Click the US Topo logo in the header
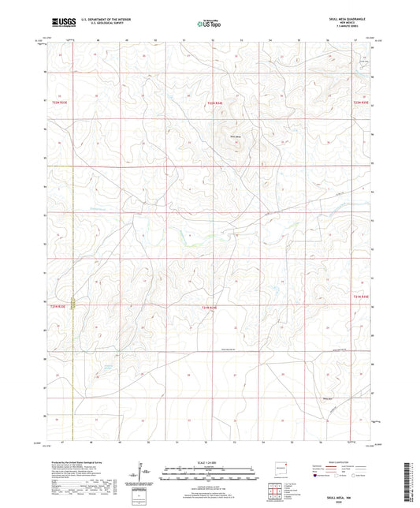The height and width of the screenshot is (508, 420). (209, 24)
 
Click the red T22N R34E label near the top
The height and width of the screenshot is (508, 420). (216, 103)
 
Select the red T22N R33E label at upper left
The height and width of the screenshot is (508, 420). (60, 103)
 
